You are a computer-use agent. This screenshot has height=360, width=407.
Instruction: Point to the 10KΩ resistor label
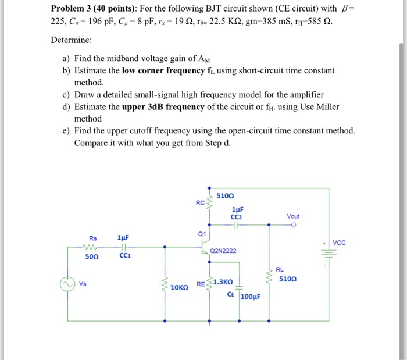[179, 287]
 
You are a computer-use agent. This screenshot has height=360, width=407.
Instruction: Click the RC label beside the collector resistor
[200, 203]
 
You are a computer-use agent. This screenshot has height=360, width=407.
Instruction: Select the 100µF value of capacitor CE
[251, 295]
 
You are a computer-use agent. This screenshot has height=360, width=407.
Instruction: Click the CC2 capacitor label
[237, 216]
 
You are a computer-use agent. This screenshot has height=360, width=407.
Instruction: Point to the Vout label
[294, 216]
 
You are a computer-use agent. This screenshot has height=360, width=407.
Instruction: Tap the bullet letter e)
[67, 131]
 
